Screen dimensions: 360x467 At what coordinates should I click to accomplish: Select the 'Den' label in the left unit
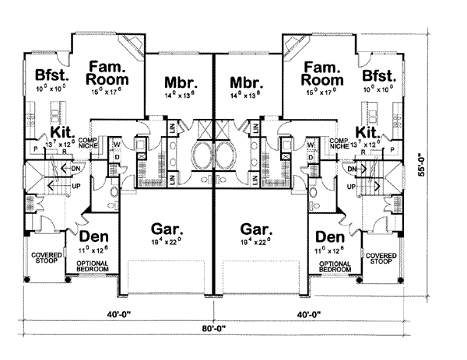tap(93, 236)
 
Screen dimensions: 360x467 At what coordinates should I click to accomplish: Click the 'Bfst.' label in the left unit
tap(51, 75)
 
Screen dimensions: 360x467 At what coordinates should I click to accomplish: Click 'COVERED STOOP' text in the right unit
tap(380, 258)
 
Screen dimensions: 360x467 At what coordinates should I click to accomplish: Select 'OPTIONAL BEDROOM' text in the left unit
tap(93, 266)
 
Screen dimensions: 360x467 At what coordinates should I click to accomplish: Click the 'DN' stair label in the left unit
tap(75, 168)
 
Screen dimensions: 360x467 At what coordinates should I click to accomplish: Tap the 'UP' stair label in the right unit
tap(351, 187)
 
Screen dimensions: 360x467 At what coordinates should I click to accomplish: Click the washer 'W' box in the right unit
tap(311, 145)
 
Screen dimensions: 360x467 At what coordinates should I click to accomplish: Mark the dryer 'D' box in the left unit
tap(117, 158)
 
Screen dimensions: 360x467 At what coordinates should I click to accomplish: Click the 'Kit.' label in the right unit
tap(367, 131)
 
